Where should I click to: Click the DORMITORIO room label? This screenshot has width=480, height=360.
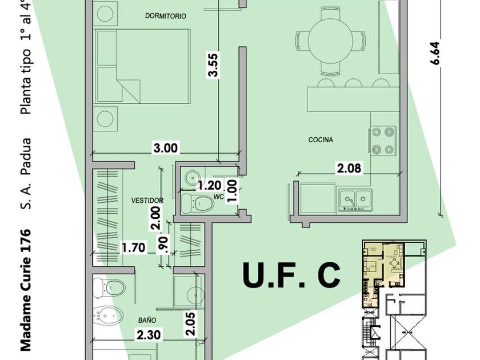pyautogui.click(x=166, y=16)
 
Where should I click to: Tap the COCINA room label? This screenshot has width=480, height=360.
pyautogui.click(x=321, y=140)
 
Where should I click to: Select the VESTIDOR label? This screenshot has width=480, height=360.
pyautogui.click(x=147, y=201)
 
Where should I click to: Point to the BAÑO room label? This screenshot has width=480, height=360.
pyautogui.click(x=147, y=320)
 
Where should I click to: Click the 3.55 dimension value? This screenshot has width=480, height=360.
pyautogui.click(x=213, y=65)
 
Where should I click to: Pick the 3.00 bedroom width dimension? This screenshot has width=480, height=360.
pyautogui.click(x=165, y=148)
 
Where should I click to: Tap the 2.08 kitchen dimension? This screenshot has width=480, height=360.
pyautogui.click(x=349, y=168)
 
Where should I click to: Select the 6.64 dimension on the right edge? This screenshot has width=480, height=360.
pyautogui.click(x=435, y=53)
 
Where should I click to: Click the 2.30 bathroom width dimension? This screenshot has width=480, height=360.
pyautogui.click(x=149, y=335)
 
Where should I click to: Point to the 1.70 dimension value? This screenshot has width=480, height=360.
pyautogui.click(x=134, y=247)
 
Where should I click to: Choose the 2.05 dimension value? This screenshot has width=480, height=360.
pyautogui.click(x=190, y=324)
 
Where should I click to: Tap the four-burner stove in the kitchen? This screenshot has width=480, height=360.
pyautogui.click(x=383, y=141)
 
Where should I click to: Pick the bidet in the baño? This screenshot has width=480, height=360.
pyautogui.click(x=108, y=315)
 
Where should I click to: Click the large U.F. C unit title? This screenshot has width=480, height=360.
pyautogui.click(x=291, y=275)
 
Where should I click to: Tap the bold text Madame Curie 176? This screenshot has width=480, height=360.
pyautogui.click(x=26, y=289)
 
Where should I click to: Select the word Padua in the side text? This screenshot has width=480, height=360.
pyautogui.click(x=26, y=156)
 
